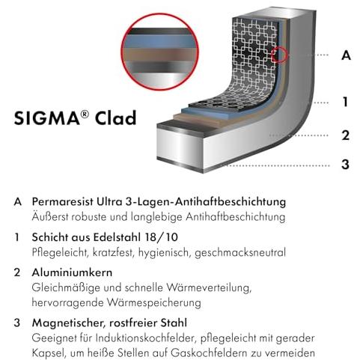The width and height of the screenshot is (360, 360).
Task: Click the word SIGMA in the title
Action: point(47,118)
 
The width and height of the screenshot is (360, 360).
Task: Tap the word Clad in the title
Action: point(115,118)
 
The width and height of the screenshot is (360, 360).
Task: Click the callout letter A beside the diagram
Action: point(346,55)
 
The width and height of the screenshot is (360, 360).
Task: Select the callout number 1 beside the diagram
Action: point(346,102)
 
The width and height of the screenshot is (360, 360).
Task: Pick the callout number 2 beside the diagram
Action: point(346,135)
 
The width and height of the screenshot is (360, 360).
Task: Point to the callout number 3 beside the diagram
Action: point(346,165)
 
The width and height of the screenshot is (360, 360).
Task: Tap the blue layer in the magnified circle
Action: point(159,41)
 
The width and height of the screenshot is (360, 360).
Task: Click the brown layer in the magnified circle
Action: point(159,55)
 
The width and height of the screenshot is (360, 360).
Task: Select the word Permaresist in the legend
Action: point(63,201)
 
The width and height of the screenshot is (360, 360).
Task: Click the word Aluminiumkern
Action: point(72,272)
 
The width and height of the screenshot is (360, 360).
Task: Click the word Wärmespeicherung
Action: point(154,302)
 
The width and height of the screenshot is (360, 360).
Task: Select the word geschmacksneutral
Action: point(240,252)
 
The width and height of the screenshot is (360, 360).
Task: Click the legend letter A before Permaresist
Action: point(18,202)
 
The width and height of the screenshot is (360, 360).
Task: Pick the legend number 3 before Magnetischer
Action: point(17,323)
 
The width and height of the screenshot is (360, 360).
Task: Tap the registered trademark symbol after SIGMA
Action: point(85,115)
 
